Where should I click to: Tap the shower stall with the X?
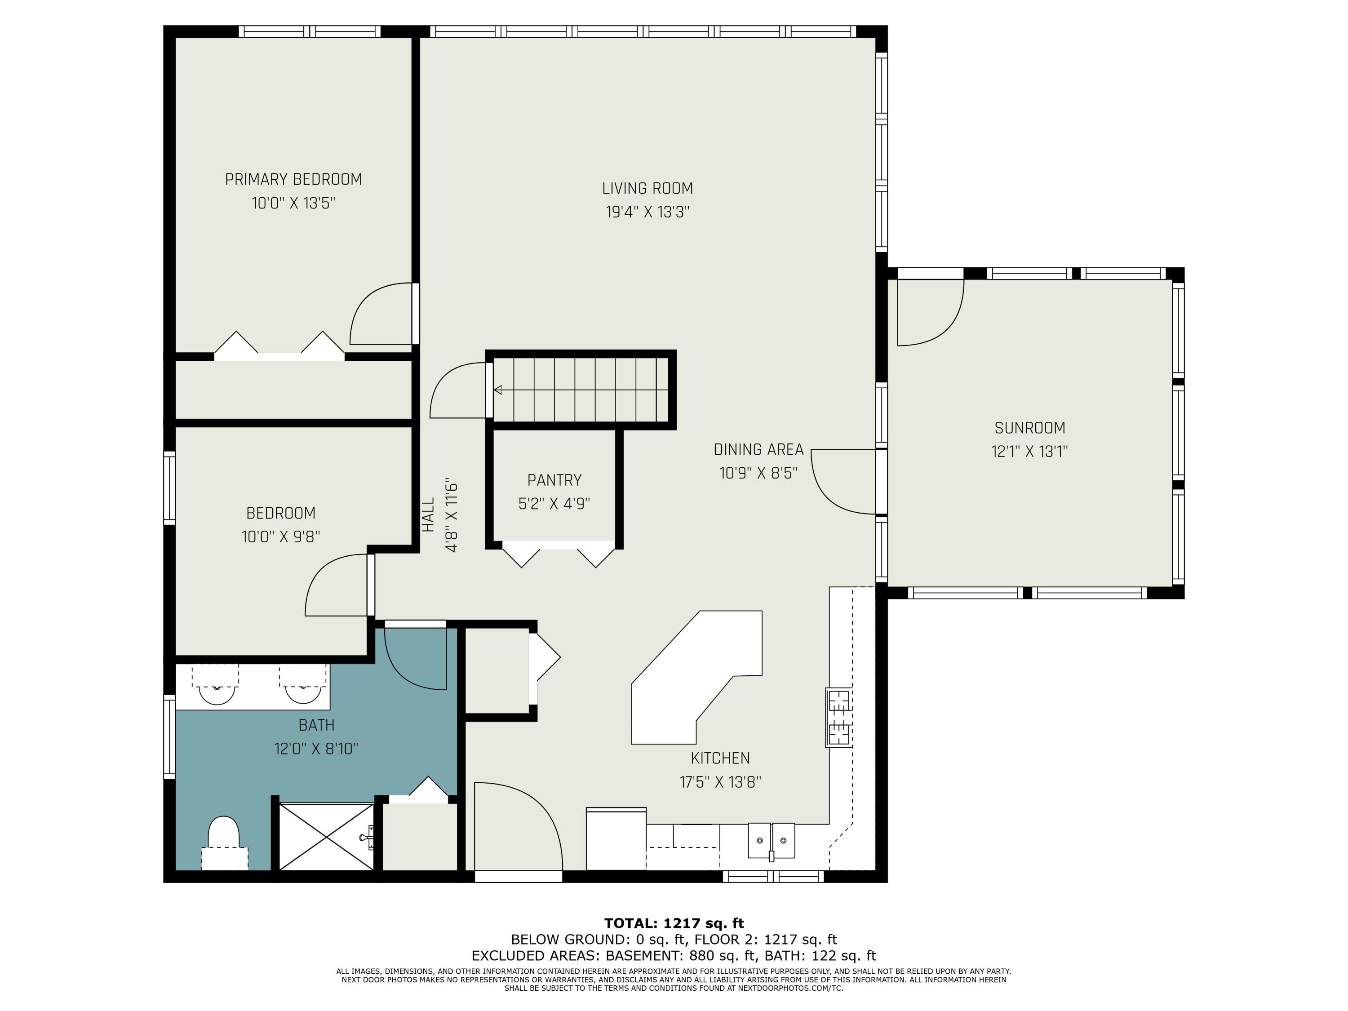326,836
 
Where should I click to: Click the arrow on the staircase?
498,390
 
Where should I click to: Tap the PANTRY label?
554,480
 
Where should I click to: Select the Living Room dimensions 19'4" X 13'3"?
647,212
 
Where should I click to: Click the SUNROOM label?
1029,428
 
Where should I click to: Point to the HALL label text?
428,514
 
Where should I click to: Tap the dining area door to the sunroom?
844,481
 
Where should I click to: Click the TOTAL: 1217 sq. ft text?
674,923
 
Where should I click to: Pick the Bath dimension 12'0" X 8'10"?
316,748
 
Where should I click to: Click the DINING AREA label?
758,450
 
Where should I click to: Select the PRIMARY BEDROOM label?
293,179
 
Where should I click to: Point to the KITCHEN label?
720,758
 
